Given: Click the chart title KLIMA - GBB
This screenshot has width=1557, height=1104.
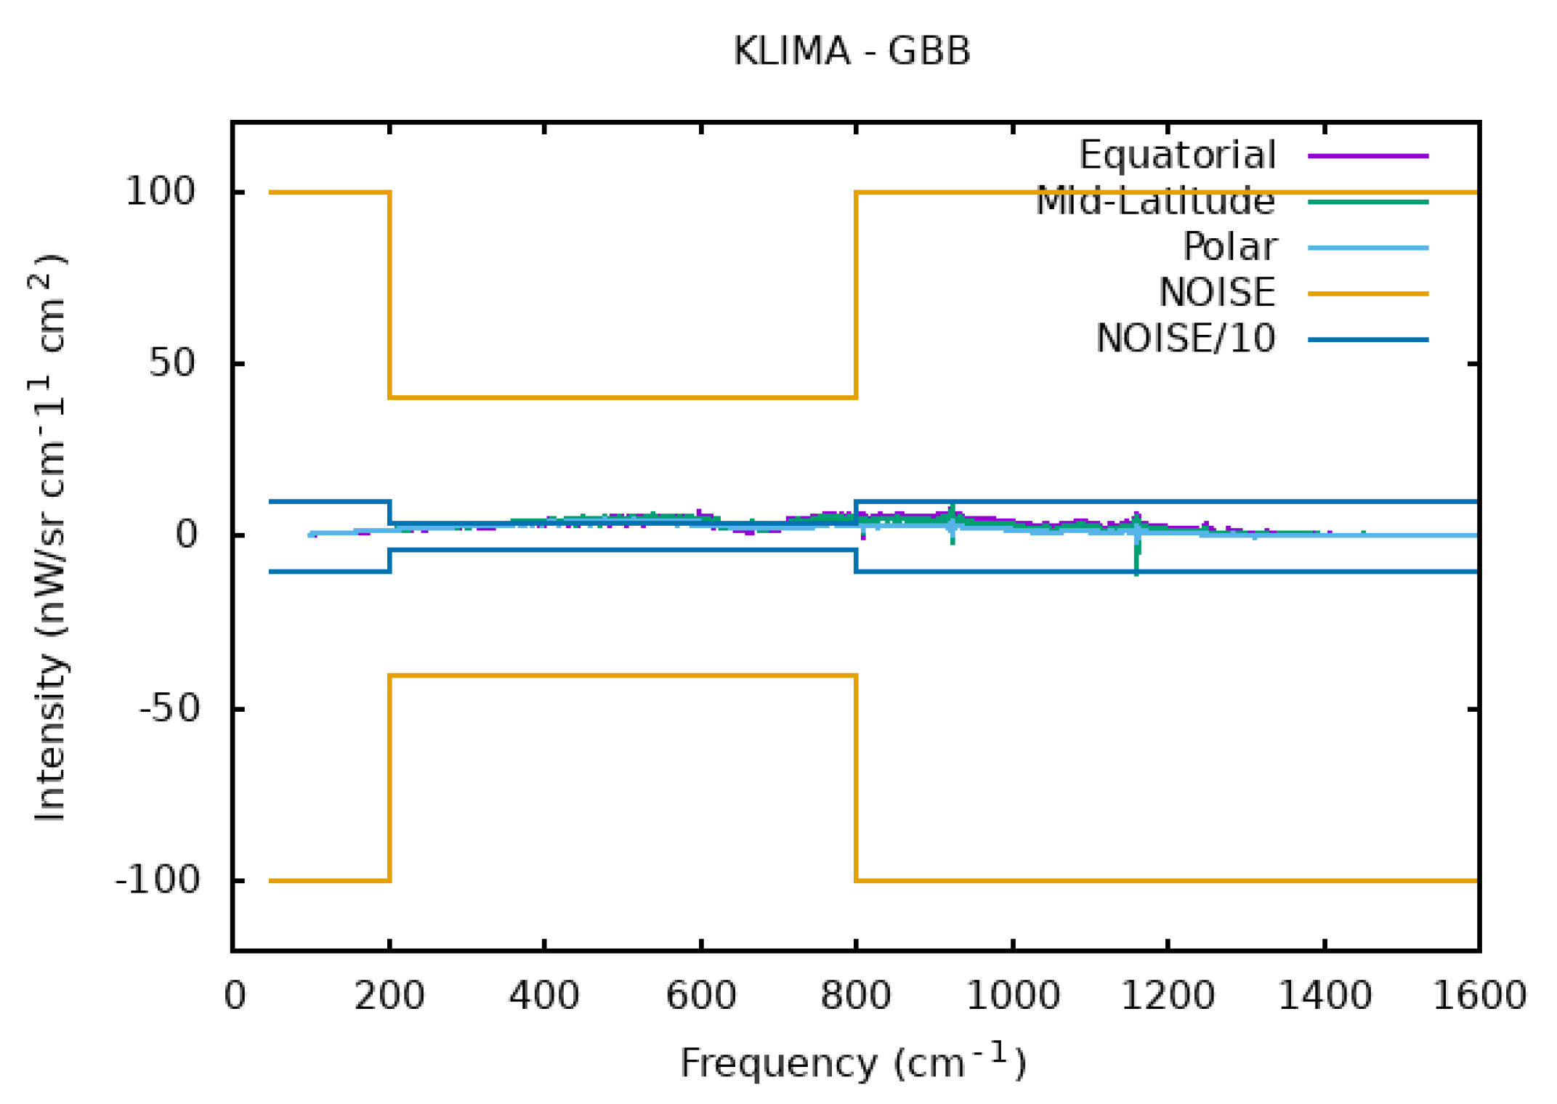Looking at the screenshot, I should (852, 52).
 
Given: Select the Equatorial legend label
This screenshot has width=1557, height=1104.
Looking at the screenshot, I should (1177, 155).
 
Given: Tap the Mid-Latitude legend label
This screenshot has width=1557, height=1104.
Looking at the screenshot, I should (1155, 201).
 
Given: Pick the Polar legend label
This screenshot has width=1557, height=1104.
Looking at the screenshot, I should (1229, 247).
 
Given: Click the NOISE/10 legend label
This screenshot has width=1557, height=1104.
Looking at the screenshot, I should (1185, 338).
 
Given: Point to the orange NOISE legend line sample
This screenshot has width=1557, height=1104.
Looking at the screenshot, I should (1367, 293).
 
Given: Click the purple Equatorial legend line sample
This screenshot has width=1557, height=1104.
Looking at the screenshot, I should (1367, 155).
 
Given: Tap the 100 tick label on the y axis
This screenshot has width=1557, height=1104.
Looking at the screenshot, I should (161, 192).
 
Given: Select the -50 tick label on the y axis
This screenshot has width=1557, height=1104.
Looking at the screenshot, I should (169, 708).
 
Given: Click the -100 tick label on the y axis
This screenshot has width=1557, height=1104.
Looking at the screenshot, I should (157, 880).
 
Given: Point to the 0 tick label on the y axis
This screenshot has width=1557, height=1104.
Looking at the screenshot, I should (186, 535).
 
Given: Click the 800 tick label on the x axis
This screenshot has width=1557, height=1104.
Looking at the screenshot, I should (855, 996).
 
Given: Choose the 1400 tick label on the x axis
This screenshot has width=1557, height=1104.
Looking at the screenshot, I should (1324, 996).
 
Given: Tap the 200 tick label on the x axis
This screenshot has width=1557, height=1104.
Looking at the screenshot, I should (389, 996).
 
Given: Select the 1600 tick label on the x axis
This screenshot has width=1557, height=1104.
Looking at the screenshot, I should (1479, 996).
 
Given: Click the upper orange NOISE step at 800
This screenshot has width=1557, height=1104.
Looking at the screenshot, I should (857, 291).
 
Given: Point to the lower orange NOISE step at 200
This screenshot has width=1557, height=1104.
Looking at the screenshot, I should (390, 777).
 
